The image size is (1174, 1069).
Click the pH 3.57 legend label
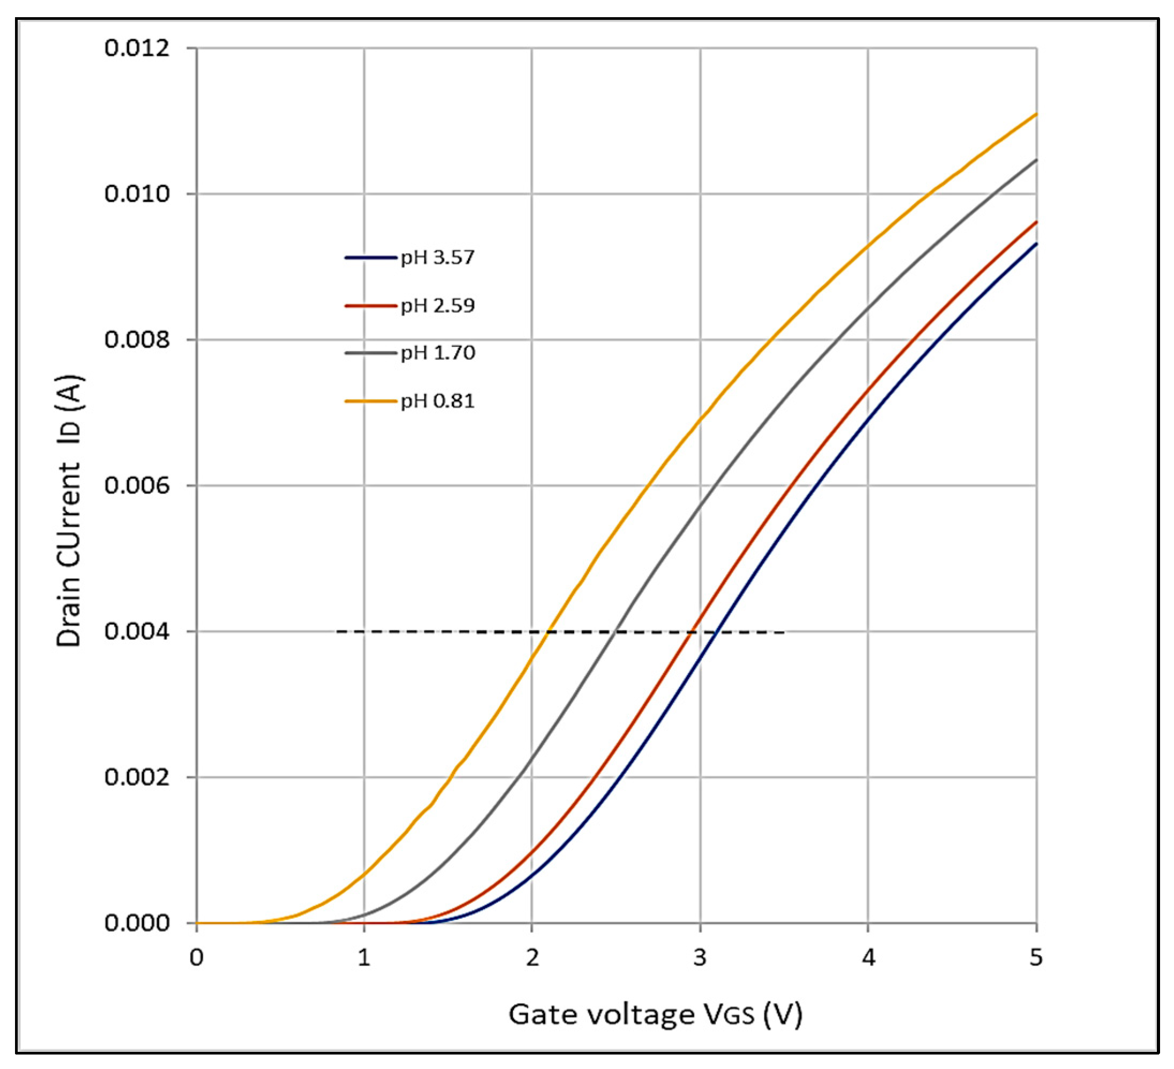click(x=437, y=257)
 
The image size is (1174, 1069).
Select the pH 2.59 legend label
click(x=437, y=305)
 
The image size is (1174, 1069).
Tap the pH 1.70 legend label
click(x=437, y=353)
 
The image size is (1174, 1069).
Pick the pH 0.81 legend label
click(x=437, y=401)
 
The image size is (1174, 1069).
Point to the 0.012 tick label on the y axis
click(x=129, y=48)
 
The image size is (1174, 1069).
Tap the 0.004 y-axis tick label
click(x=129, y=631)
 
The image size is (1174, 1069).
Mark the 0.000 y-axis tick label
click(x=129, y=923)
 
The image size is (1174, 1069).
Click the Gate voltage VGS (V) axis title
click(x=655, y=1014)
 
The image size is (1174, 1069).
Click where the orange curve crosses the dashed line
click(x=548, y=631)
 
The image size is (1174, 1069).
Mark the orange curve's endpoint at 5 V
click(x=1036, y=114)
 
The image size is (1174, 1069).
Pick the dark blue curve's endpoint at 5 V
click(x=1036, y=244)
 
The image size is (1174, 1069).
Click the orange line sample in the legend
click(x=370, y=401)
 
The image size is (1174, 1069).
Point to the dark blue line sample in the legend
click(x=370, y=257)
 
